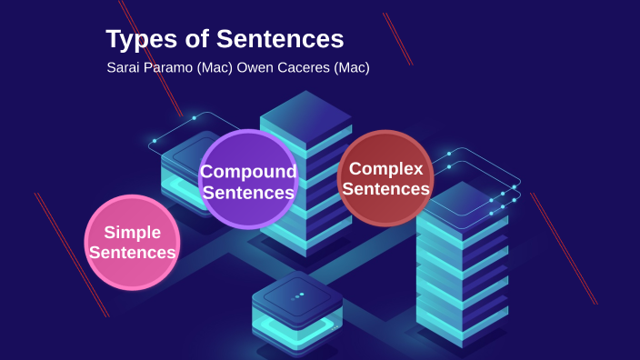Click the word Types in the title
[135, 40]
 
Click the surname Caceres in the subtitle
[305, 67]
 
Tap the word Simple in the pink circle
[132, 233]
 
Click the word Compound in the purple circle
[248, 172]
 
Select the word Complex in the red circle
[385, 168]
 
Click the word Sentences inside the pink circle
[132, 253]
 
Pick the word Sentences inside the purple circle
[248, 193]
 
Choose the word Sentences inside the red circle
[385, 189]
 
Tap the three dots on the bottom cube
[297, 296]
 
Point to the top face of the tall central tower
[305, 115]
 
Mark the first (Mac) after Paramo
[215, 67]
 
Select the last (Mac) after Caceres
[350, 67]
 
